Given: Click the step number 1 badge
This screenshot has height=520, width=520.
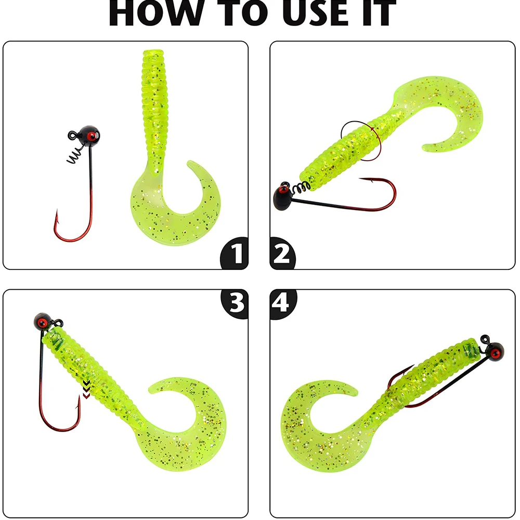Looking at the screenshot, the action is tap(235, 253).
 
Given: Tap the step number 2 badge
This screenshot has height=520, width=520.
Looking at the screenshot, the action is tap(282, 253).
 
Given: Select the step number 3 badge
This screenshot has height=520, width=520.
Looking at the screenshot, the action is tap(235, 303).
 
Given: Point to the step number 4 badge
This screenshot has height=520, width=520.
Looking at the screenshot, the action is tap(282, 303).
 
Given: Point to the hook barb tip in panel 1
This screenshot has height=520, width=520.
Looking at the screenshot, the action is tap(57, 210).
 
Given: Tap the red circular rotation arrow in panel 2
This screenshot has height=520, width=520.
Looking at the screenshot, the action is tap(361, 141).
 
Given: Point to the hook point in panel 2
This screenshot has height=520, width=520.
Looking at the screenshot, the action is tap(361, 179).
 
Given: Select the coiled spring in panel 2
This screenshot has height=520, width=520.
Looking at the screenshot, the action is tap(302, 188).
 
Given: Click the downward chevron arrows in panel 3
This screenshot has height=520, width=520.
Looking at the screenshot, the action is tap(86, 389).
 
